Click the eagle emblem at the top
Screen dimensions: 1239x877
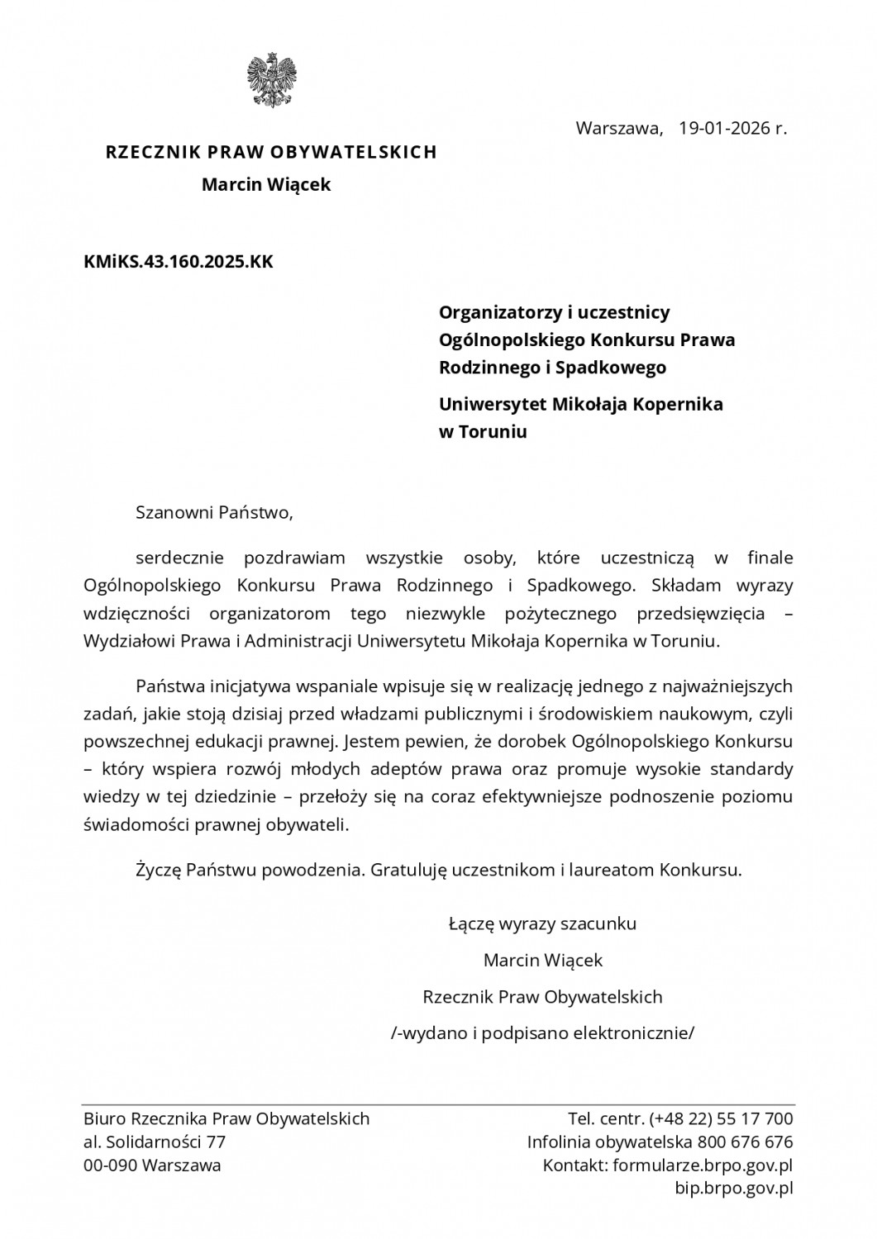271,80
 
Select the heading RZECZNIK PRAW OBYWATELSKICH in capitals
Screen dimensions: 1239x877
271,152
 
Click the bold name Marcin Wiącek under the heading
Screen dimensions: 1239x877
266,184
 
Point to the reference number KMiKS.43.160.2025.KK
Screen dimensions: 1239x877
178,263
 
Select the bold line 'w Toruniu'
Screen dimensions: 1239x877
483,431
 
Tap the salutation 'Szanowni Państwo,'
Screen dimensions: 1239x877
215,511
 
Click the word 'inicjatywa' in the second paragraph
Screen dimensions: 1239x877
248,686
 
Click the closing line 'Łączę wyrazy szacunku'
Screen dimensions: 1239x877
542,923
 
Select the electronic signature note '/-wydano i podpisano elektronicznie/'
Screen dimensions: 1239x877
543,1032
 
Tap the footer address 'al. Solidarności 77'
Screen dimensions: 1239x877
155,1142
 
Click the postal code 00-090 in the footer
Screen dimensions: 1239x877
110,1165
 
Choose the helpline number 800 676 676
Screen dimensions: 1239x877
745,1142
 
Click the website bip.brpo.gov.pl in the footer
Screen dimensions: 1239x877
735,1189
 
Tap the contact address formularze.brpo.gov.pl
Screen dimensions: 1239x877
703,1165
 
